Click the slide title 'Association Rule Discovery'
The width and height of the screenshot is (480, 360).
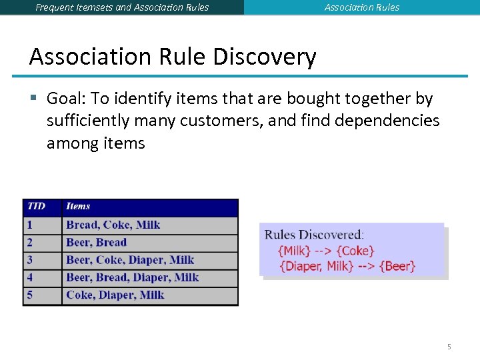pos(172,57)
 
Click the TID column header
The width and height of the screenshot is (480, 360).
pos(37,207)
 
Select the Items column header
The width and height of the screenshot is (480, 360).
pos(78,207)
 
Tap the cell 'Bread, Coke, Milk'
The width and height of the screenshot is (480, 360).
pos(113,225)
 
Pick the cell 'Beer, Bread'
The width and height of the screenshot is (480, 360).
pos(97,243)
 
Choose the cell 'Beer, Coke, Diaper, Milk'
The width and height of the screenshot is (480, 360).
pos(130,260)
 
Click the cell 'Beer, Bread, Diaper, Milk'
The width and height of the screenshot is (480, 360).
pos(133,277)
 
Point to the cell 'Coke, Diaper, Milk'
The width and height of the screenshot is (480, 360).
pos(115,295)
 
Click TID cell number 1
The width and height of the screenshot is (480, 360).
pos(30,225)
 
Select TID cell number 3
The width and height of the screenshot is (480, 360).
pos(30,260)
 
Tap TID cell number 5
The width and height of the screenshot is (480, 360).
pos(30,295)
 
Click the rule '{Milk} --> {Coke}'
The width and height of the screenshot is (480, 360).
pos(326,251)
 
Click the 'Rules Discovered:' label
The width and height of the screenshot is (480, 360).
pos(314,235)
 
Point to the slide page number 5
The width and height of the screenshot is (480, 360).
pos(449,347)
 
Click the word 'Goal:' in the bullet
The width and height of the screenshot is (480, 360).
pos(66,99)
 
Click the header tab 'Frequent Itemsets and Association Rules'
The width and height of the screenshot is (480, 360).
pos(122,7)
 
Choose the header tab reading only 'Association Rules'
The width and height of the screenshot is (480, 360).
pos(362,7)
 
